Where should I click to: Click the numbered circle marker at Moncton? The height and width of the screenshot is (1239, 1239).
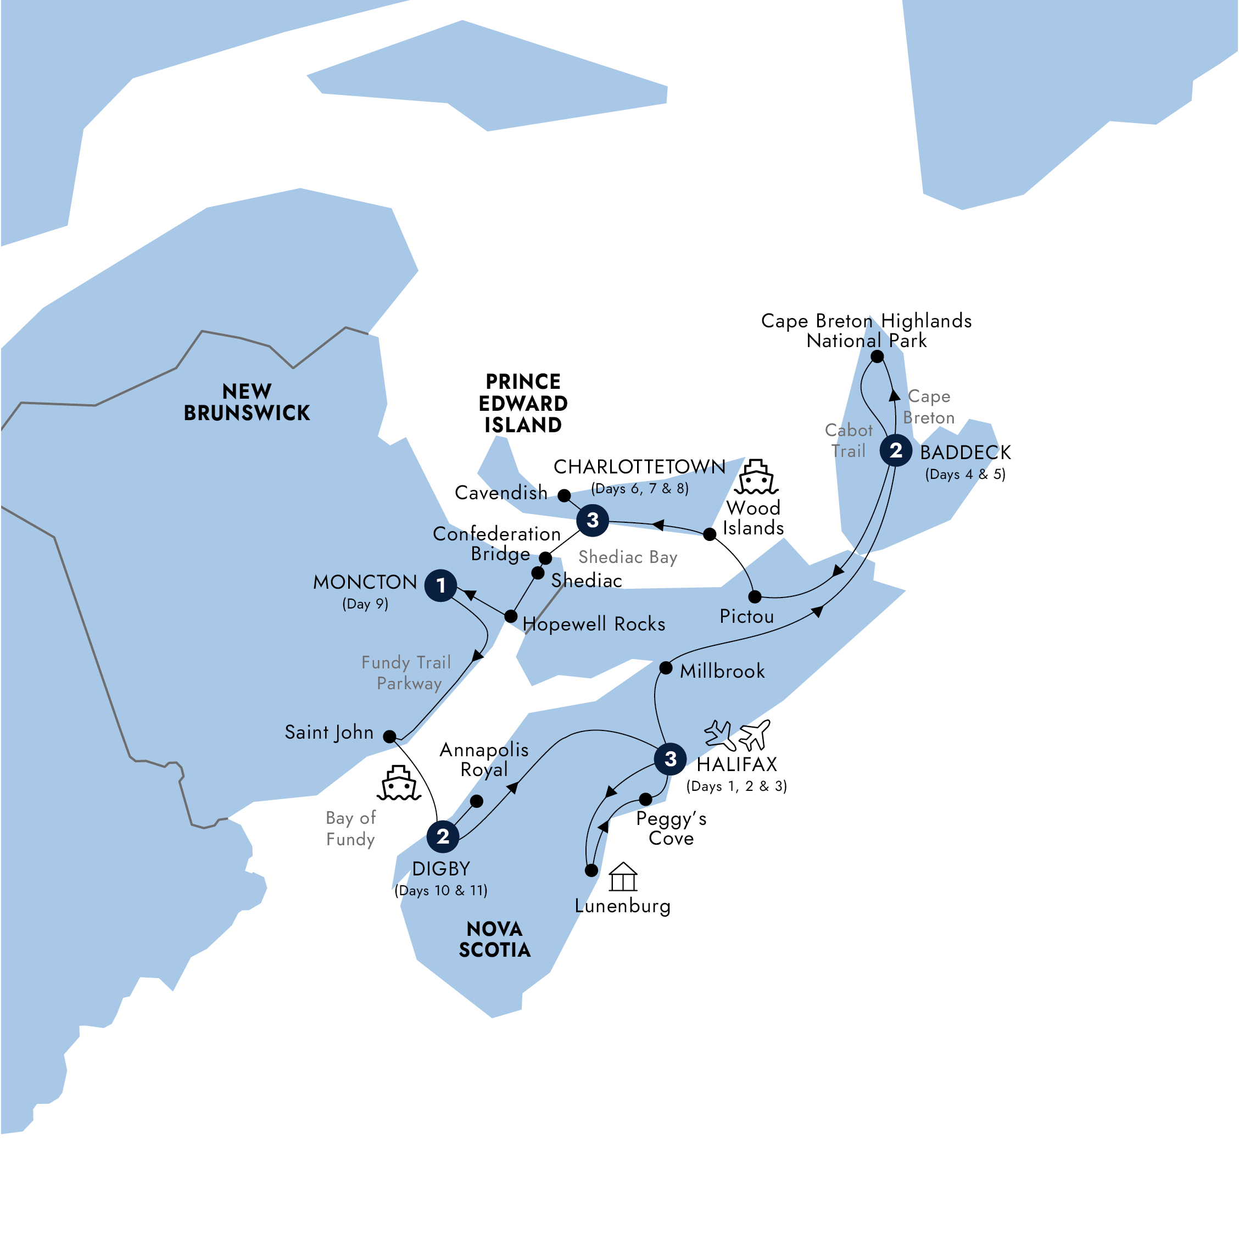(x=440, y=585)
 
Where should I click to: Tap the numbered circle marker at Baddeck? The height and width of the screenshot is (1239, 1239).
(x=896, y=450)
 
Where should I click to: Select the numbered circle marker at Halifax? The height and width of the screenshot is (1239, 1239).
(x=670, y=760)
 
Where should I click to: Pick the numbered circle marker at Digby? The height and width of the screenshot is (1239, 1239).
(x=443, y=836)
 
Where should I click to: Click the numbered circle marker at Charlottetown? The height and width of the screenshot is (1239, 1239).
(x=593, y=520)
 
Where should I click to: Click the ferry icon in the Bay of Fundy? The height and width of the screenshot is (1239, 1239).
(x=399, y=783)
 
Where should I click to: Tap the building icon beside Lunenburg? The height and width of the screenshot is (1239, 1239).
(x=623, y=877)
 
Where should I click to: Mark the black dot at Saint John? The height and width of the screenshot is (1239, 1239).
(x=389, y=736)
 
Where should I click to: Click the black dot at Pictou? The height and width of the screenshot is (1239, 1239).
(x=755, y=597)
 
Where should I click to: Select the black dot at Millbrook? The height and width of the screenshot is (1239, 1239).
(x=666, y=668)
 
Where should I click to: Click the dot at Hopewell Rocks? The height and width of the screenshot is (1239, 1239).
(x=510, y=616)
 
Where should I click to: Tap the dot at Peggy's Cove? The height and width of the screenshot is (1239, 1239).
(x=646, y=799)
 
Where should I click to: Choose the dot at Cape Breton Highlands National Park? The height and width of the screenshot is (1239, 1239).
(x=877, y=356)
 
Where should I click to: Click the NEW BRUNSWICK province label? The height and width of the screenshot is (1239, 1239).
(x=247, y=402)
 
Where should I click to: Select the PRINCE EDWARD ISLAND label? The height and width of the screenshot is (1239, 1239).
(x=523, y=403)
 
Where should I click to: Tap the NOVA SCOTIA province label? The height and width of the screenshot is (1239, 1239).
(x=494, y=940)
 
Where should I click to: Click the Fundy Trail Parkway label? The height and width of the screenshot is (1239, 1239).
(x=406, y=673)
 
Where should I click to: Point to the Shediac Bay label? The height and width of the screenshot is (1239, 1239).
(x=627, y=557)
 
